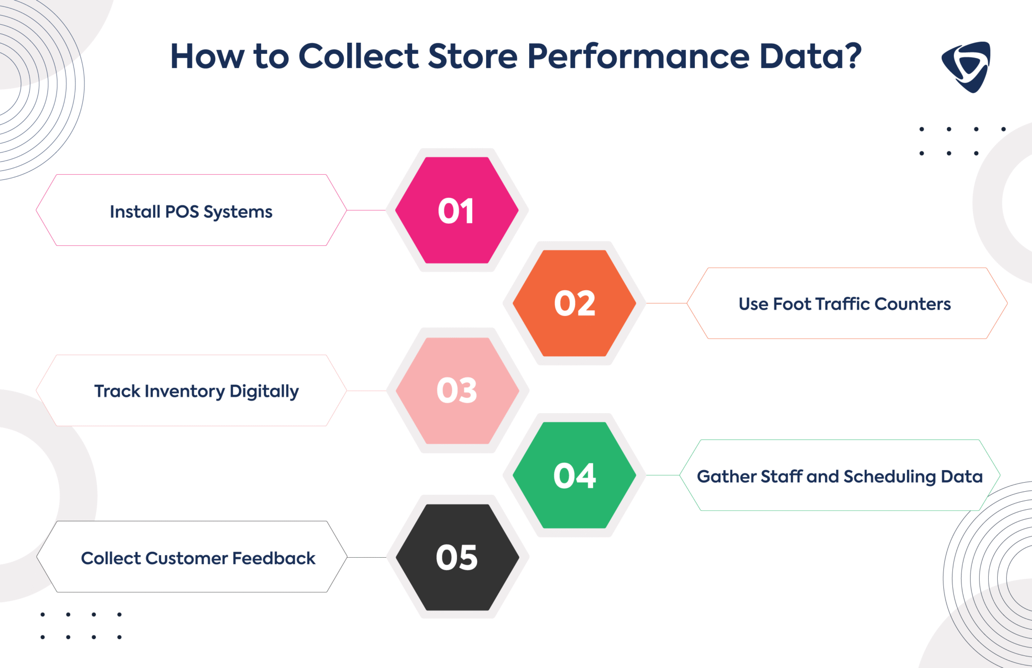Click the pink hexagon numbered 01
(457, 211)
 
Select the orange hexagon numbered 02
(574, 303)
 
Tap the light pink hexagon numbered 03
(457, 390)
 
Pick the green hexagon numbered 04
(574, 476)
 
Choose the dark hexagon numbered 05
(457, 558)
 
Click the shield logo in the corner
(966, 66)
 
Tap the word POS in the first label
(182, 212)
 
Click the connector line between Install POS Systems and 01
(366, 210)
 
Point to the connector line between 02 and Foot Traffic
(666, 303)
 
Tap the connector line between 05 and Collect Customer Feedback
(367, 557)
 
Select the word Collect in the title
(358, 56)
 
